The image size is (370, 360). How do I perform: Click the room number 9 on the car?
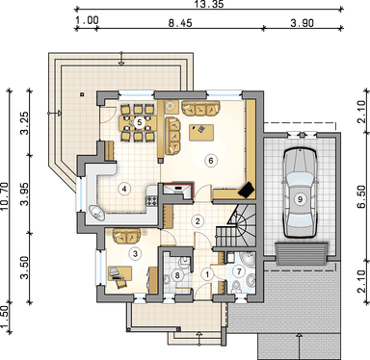pos(300,199)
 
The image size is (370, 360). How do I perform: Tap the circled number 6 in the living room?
pos(211,161)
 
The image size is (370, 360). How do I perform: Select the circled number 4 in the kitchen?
pos(124,189)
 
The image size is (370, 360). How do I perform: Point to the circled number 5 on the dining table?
pos(140,122)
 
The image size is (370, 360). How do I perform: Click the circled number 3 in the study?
pos(135,254)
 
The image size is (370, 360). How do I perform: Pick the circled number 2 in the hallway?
pos(198,220)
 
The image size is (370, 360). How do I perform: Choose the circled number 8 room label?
pos(177,275)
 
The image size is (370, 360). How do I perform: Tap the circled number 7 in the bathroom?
pos(239,271)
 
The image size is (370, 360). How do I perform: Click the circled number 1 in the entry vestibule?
pos(207,274)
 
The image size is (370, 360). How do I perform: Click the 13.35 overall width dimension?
pos(210,4)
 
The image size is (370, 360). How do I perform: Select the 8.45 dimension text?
pos(180,23)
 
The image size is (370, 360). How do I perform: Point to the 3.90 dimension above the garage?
pos(302,23)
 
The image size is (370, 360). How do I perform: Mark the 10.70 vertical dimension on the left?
pos(5,196)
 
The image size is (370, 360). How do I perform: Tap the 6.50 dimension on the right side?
pos(362,196)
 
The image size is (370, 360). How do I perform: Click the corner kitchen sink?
pos(96,213)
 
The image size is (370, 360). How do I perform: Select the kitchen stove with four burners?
pos(151,201)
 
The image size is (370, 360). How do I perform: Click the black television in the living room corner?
pos(247,190)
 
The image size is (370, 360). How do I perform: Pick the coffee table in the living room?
pos(201,132)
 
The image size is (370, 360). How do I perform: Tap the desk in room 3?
pos(119,273)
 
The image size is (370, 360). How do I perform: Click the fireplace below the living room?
pos(178,190)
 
